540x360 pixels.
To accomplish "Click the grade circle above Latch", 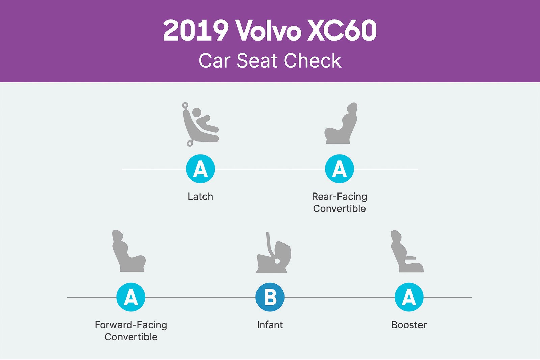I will click(x=200, y=169).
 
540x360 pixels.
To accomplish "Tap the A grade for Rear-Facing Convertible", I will click(x=340, y=169).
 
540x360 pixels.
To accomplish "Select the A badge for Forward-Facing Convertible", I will click(x=131, y=297).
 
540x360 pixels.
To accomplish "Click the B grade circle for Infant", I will click(x=270, y=297).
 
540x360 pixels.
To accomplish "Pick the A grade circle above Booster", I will click(x=409, y=297).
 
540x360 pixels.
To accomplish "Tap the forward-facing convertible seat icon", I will click(x=128, y=252).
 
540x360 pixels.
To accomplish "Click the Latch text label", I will click(x=200, y=197).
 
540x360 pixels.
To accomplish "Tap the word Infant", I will click(x=270, y=325).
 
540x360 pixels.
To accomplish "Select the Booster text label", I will click(x=409, y=325).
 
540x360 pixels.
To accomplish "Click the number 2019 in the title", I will click(x=195, y=30).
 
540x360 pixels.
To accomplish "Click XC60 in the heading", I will click(x=342, y=30).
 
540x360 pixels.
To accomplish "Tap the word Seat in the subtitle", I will click(x=258, y=61).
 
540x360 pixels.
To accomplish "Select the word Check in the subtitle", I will click(x=313, y=61).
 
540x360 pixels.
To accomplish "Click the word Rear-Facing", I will click(x=340, y=197).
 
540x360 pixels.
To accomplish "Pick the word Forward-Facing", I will click(x=131, y=325).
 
